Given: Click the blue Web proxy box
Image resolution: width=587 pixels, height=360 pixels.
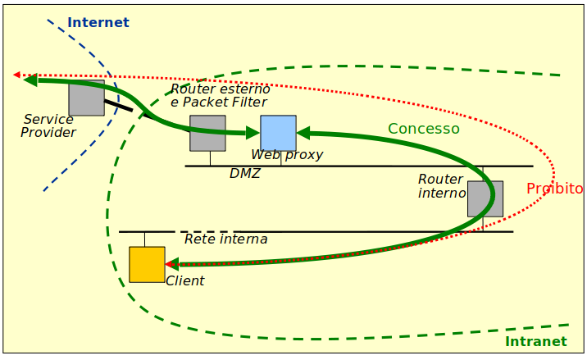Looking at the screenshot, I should coord(278,133).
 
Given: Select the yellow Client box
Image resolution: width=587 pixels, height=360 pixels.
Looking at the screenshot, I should coord(147,264).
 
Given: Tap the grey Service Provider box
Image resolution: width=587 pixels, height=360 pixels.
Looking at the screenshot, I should coord(86,98).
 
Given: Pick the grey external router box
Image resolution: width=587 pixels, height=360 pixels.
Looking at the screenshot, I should coord(207,133).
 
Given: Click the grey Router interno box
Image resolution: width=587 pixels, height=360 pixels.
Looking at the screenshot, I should coord(485,198).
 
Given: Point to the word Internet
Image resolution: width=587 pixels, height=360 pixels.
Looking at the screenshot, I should coord(98,22).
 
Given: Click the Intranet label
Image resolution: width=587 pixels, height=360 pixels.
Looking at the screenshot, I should coord(535,342).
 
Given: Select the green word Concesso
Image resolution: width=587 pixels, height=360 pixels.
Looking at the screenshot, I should coord(423,129).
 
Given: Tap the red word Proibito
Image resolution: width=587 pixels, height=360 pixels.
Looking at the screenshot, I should coord(554,189).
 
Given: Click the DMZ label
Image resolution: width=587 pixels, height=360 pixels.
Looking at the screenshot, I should coord(244,173).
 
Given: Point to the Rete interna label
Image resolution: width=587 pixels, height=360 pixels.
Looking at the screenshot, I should coord(225,239).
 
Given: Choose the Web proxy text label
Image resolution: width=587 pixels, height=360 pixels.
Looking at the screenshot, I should coord(287,154).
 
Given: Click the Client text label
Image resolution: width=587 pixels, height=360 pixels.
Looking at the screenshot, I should coord(184,280).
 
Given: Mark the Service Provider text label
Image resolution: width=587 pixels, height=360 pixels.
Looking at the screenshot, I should coord(48,125).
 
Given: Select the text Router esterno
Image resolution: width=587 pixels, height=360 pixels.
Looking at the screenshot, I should coord(220,89).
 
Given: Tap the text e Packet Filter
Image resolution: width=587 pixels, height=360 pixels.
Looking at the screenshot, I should coord(218,103).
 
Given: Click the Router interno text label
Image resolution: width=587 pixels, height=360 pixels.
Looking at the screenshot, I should coord(441,185).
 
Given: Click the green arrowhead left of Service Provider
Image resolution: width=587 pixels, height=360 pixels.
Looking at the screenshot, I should coord(30,80).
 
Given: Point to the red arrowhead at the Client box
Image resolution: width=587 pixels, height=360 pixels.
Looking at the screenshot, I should coord(171,264).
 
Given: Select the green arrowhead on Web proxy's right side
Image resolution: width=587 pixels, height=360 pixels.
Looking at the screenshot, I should coord(303,132).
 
